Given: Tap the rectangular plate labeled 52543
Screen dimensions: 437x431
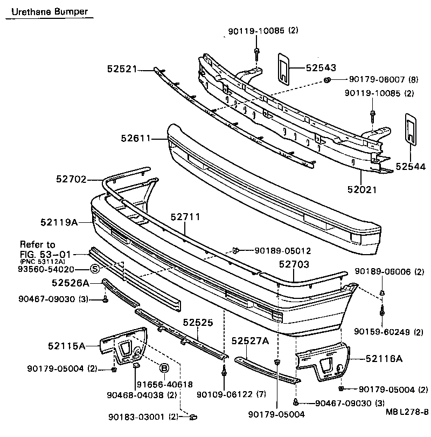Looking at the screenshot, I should coord(283,69).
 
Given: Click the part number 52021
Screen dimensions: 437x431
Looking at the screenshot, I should coord(362,189).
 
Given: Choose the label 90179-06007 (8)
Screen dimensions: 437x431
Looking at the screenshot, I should coord(376,79).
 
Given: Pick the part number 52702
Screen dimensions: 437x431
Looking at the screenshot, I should coord(71,179).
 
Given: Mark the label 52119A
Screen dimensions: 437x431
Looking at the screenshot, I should coord(59,222).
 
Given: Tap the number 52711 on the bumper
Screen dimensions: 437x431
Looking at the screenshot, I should coord(185,217).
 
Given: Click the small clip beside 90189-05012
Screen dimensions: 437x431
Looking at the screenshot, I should coord(235,250).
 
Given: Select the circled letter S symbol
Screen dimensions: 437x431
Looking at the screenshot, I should coord(94,269).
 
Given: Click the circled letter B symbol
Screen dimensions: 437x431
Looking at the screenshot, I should coord(164,368).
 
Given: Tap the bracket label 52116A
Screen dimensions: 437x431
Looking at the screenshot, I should coord(384,358).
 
